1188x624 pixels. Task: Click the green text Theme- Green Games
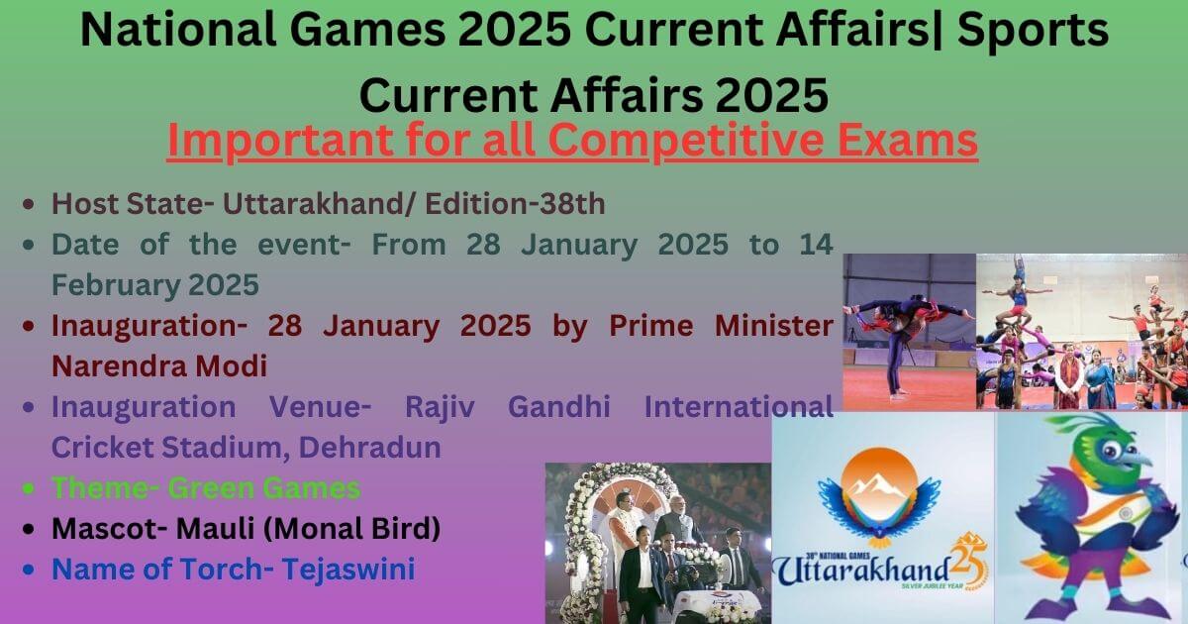pyautogui.click(x=206, y=487)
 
